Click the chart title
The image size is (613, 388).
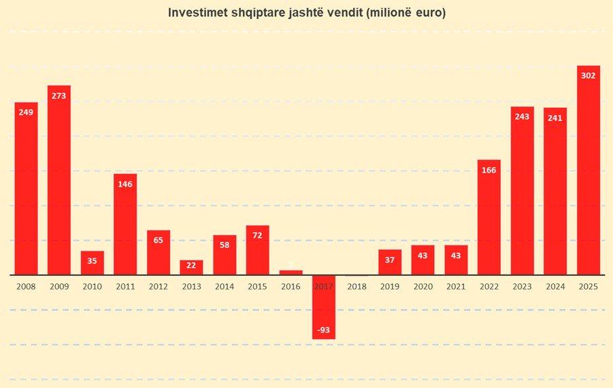(306, 13)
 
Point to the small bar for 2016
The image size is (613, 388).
(291, 272)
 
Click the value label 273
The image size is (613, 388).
(59, 96)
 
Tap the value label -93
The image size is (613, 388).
(324, 330)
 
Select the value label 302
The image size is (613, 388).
(589, 75)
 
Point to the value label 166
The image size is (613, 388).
(489, 170)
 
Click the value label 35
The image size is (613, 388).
(93, 261)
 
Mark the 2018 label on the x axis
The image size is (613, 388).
(357, 287)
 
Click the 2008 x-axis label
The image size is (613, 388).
(26, 287)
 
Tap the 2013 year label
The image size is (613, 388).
(192, 287)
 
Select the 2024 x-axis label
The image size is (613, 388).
(555, 287)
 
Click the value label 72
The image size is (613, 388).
(258, 235)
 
